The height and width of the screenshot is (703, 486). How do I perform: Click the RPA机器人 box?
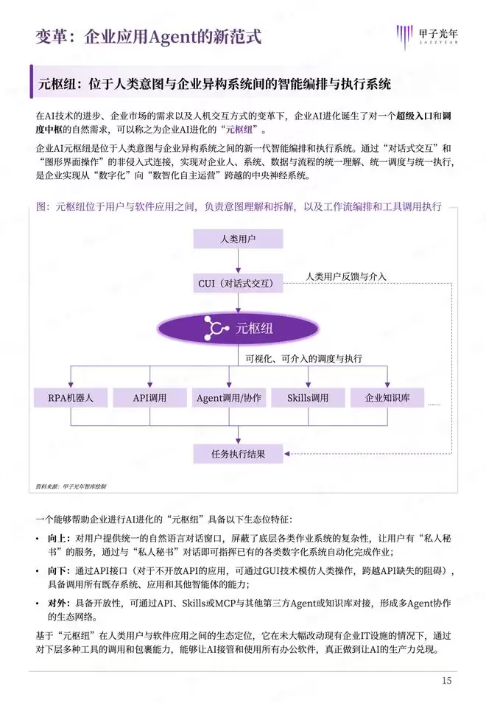tap(71, 398)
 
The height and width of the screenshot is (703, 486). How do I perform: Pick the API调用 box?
tap(149, 398)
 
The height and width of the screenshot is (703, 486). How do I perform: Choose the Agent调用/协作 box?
tap(228, 398)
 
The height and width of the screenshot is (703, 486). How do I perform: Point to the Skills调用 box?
tap(307, 398)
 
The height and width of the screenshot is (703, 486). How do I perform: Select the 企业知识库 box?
tap(386, 398)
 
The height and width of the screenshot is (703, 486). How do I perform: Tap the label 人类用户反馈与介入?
tap(346, 277)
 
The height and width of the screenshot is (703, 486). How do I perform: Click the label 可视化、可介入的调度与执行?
tap(303, 359)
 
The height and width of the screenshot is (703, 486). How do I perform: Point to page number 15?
tap(446, 680)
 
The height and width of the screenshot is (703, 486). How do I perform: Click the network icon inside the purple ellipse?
tap(216, 329)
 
